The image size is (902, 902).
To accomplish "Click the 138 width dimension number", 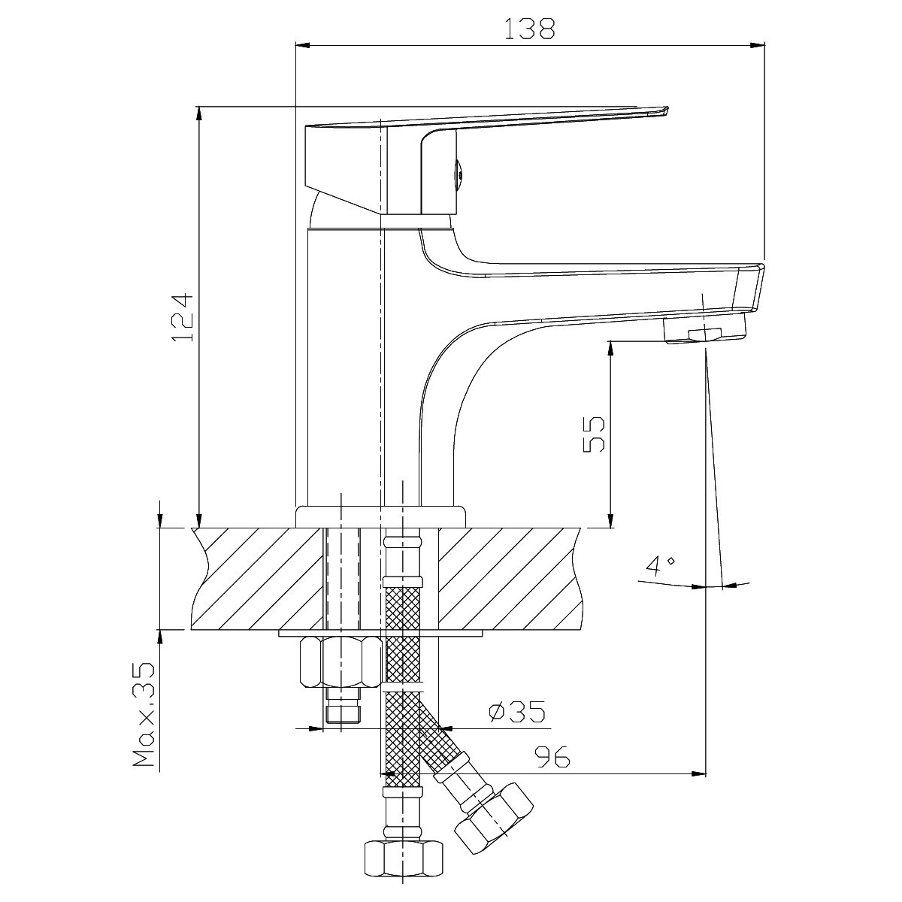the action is point(529,29).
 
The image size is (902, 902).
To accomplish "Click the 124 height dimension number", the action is point(183,318).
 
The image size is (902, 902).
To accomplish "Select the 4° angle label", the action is point(660,566).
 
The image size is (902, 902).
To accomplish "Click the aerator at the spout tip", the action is point(704,329).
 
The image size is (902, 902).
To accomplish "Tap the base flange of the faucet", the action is point(381,516).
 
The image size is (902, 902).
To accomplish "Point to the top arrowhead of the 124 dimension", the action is point(199,114).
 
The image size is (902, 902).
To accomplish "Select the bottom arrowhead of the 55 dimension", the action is point(610,520).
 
